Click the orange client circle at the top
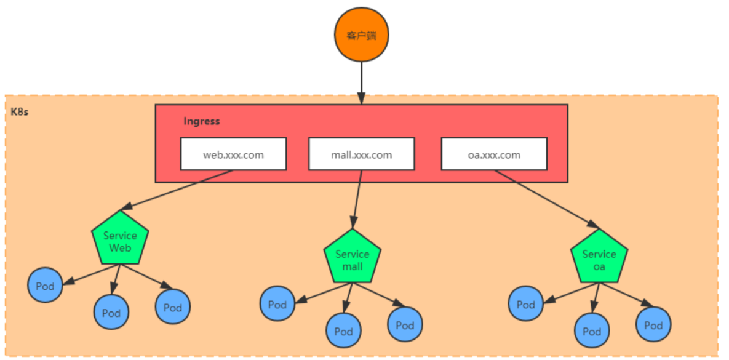pyautogui.click(x=361, y=35)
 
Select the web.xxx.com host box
pyautogui.click(x=233, y=154)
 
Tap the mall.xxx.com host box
pyautogui.click(x=361, y=154)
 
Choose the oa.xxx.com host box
pyautogui.click(x=494, y=154)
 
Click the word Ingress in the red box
pyautogui.click(x=201, y=121)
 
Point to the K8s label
pyautogui.click(x=20, y=112)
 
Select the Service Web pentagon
pyautogui.click(x=120, y=241)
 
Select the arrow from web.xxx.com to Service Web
pyautogui.click(x=178, y=191)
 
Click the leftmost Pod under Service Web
pyautogui.click(x=45, y=286)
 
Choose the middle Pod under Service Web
pyautogui.click(x=111, y=313)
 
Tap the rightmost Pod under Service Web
pyautogui.click(x=173, y=306)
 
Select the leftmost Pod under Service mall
pyautogui.click(x=277, y=304)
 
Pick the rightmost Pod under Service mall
pyautogui.click(x=405, y=325)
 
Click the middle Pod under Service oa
pyautogui.click(x=592, y=331)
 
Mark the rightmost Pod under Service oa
pyautogui.click(x=653, y=325)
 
